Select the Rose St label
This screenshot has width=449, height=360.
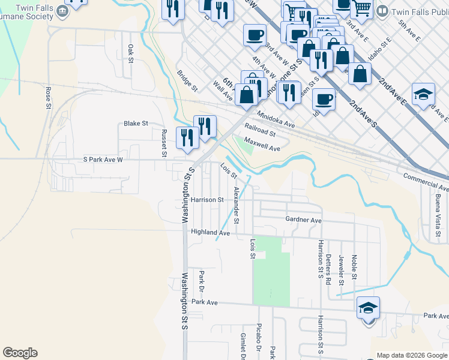click(48, 97)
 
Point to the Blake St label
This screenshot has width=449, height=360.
click(136, 124)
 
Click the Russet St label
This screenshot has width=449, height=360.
click(163, 142)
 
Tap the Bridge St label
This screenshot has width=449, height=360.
click(187, 81)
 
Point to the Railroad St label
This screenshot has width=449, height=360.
click(260, 130)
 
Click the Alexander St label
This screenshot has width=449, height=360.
click(237, 205)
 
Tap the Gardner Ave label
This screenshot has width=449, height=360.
click(304, 220)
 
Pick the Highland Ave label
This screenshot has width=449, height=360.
click(211, 232)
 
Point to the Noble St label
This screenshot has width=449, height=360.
click(354, 266)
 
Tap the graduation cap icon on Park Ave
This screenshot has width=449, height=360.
click(368, 308)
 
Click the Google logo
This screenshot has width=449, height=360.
click(20, 353)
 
